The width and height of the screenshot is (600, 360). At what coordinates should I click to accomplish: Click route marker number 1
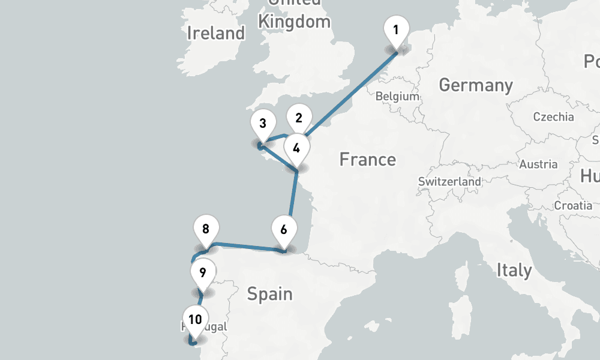point(396,29)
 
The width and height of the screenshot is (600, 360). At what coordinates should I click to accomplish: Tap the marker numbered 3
point(263,124)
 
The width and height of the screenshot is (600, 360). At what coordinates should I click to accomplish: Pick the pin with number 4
point(296,146)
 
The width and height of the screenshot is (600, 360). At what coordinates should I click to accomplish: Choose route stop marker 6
point(284,229)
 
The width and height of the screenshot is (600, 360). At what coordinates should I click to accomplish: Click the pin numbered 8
point(206,229)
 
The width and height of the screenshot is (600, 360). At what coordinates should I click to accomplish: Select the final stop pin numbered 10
point(195,319)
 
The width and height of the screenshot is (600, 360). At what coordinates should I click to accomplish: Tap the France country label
point(367,160)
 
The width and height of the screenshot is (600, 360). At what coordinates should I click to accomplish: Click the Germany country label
point(475,85)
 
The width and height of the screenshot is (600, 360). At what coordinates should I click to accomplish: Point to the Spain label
point(269,294)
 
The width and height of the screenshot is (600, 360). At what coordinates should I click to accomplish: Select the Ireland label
point(215,33)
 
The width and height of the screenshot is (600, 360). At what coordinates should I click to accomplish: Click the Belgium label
point(397,96)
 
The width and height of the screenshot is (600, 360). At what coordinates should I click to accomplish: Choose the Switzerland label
point(449,181)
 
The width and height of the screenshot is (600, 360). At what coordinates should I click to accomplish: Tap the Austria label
point(538,164)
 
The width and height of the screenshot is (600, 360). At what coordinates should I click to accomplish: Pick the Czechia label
point(553,117)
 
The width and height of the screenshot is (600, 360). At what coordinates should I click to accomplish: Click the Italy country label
point(514,270)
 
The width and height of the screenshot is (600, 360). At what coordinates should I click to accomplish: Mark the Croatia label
point(573,205)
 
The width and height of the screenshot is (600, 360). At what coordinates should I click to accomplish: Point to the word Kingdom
point(294,22)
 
